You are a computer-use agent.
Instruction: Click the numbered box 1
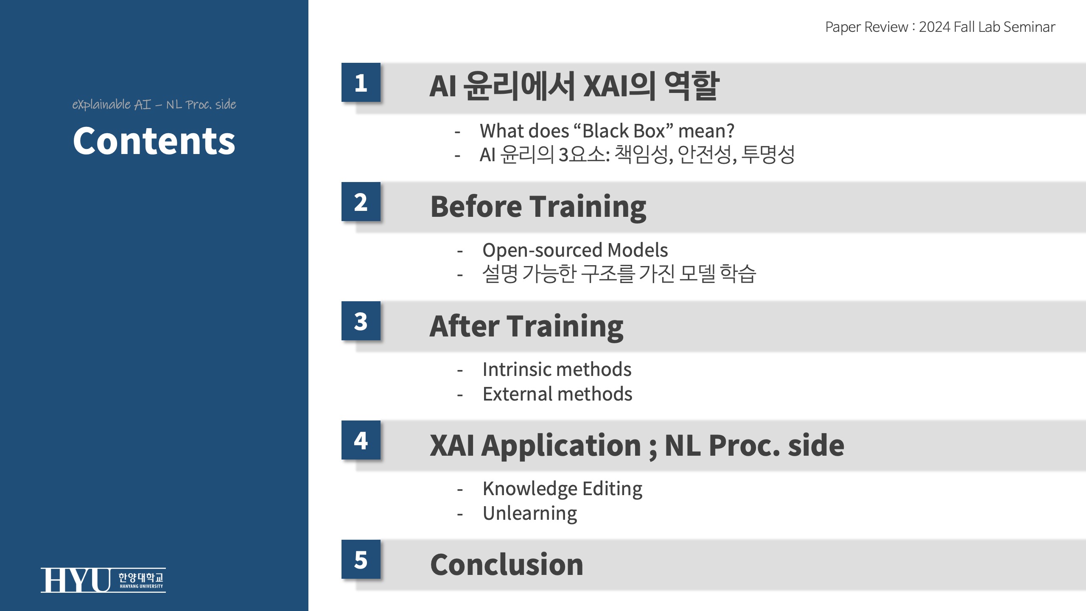[361, 82]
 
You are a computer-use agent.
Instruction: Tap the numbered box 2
[361, 202]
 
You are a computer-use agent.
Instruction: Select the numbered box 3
[361, 321]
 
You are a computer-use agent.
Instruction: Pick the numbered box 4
[361, 440]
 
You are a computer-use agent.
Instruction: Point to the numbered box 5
[361, 559]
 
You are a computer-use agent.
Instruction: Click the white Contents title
[154, 141]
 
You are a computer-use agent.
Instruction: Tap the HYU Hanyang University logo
[103, 580]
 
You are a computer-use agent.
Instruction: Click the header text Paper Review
[866, 27]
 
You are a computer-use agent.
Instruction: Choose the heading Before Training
[538, 207]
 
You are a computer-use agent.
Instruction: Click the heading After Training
[526, 326]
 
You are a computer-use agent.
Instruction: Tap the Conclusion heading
[507, 565]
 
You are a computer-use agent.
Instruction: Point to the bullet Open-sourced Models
[575, 250]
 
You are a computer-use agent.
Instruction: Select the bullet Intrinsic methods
[557, 369]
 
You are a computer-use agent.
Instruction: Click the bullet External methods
[557, 394]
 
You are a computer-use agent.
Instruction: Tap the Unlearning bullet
[530, 514]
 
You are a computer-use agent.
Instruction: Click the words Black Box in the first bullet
[624, 131]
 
